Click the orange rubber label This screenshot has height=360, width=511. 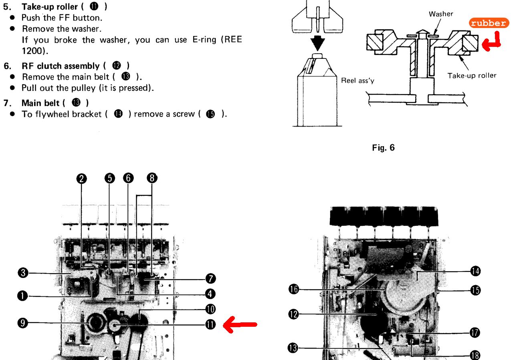point(489,23)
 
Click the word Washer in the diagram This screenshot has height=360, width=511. point(441,14)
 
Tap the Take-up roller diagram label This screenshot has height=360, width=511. point(472,76)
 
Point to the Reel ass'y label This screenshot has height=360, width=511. point(357,80)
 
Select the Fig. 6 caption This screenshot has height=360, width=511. point(383,148)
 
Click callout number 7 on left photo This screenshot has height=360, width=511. point(210,278)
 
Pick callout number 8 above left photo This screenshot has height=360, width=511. point(152,178)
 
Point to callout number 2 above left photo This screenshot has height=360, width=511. point(82,178)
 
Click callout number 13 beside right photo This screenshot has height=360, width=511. point(294,349)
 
